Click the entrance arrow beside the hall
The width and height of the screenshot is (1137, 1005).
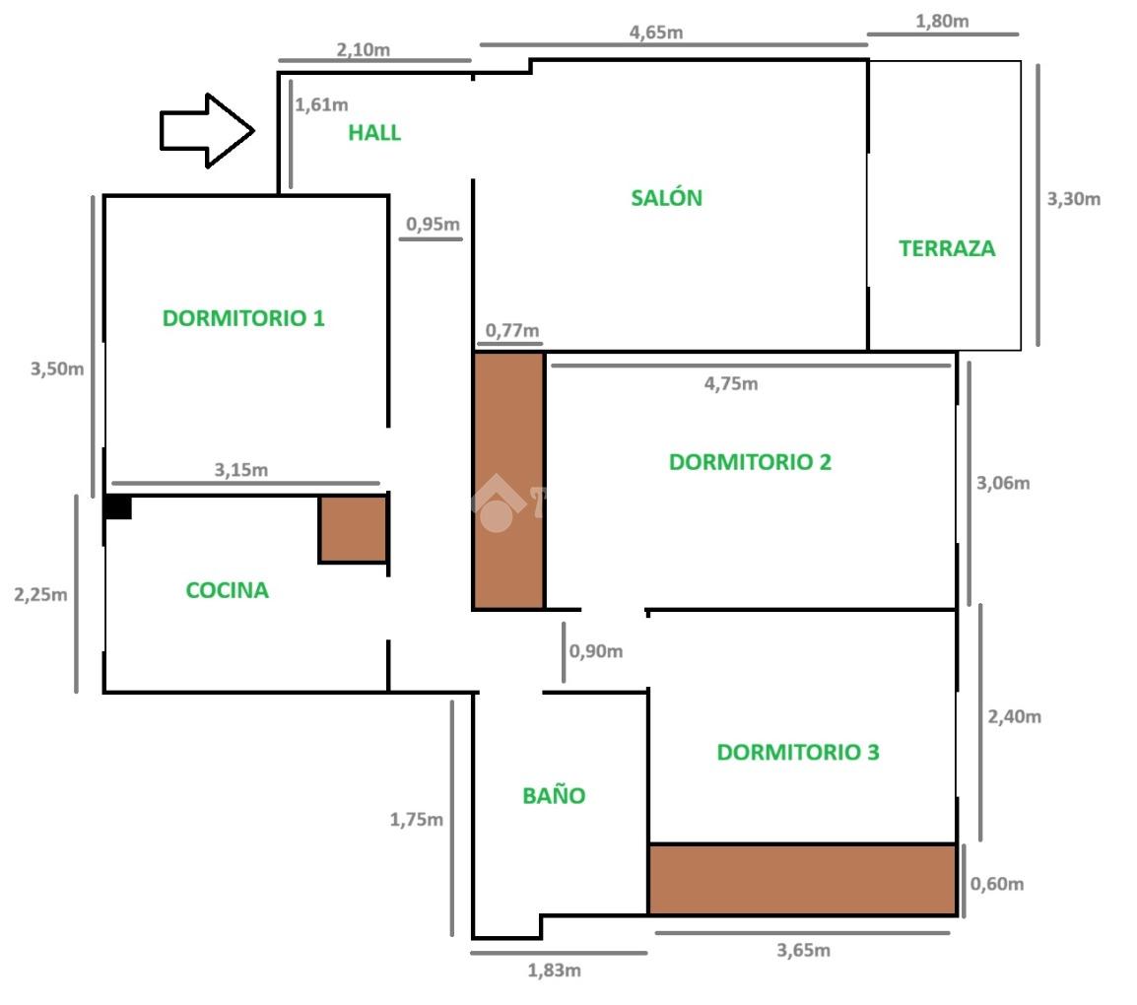point(208,130)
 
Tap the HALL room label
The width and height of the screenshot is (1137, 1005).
point(374,133)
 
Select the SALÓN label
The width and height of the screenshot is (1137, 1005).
point(666,197)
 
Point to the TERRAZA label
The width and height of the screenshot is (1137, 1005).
point(947,248)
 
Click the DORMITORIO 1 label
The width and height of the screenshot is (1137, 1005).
point(243,317)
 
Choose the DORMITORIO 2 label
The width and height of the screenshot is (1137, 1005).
point(750,462)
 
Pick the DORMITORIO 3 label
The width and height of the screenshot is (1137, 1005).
point(798,752)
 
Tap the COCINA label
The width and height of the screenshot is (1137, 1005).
point(227,590)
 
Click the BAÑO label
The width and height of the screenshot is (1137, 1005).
point(554,795)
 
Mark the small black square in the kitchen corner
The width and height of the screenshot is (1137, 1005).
point(118,506)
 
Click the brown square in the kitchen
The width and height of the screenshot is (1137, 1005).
point(353,529)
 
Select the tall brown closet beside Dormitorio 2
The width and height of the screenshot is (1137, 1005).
point(508,481)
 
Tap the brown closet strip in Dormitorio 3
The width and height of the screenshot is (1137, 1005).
point(802,879)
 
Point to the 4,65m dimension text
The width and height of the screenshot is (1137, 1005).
point(655,32)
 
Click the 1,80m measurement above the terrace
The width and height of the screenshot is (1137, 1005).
point(942,21)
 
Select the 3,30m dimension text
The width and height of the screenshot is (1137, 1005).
point(1073,199)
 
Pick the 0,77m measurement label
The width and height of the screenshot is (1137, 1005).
point(512,331)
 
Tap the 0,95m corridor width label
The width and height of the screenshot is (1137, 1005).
point(433,224)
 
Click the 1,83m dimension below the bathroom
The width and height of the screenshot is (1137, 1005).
point(554,971)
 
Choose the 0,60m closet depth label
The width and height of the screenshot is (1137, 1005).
point(997,884)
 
